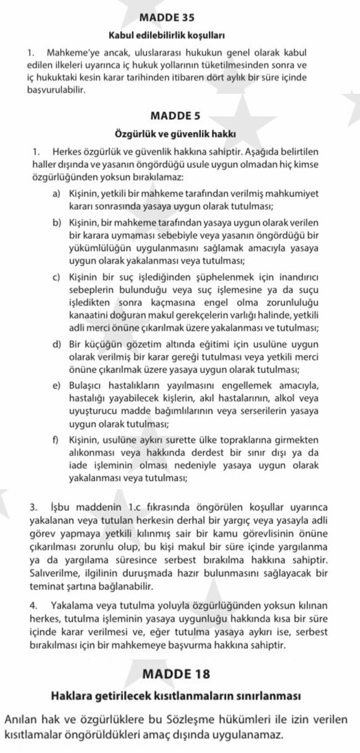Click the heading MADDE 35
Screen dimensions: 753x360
(167, 18)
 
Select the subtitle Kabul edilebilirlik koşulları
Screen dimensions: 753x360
(167, 36)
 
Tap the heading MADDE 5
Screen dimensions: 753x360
(175, 116)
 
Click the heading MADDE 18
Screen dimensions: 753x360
(176, 674)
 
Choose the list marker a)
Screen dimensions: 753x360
(56, 194)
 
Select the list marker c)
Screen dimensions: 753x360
(56, 277)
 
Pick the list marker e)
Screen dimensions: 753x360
(56, 386)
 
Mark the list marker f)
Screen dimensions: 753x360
(55, 440)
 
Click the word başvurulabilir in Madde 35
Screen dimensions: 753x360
(56, 90)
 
